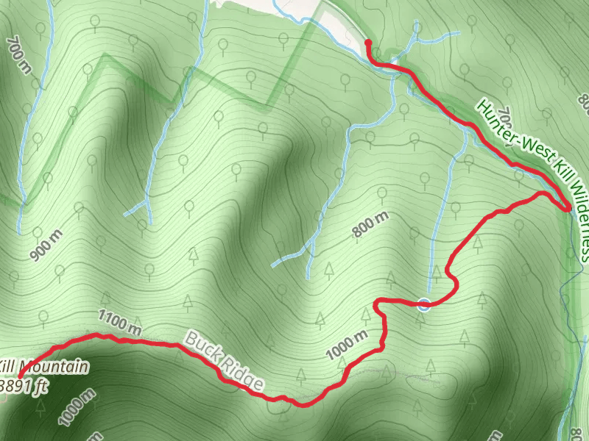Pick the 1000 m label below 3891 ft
(x=77, y=406)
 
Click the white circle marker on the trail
(x=423, y=304)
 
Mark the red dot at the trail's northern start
(x=367, y=43)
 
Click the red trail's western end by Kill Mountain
(x=15, y=377)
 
